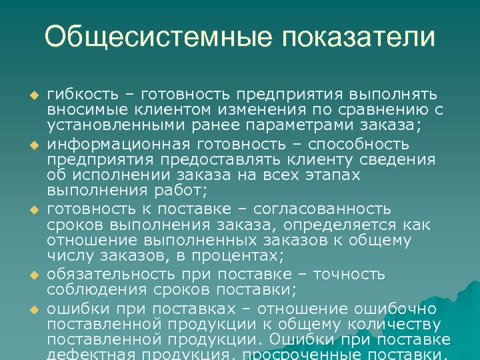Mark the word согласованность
[x=340, y=208]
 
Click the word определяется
[x=346, y=224]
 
